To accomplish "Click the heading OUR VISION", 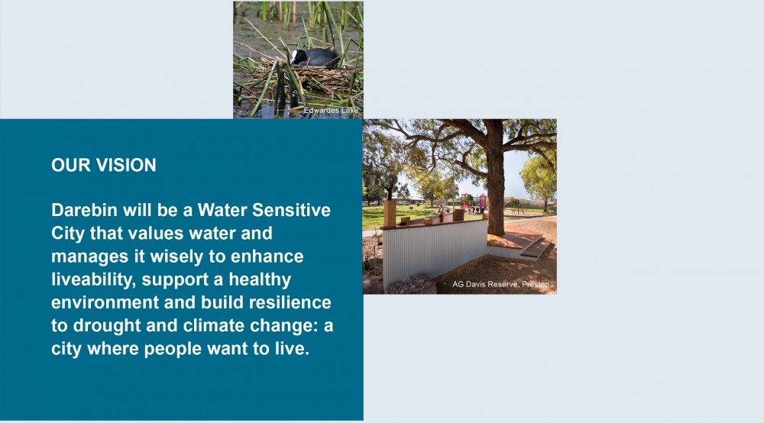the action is (x=104, y=165).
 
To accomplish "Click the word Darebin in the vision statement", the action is (x=84, y=210).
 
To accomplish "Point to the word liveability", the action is (x=93, y=280).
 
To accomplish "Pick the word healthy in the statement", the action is (x=260, y=280).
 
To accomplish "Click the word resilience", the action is (x=290, y=302).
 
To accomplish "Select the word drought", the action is (x=107, y=325).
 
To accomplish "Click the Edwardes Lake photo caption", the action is (x=331, y=111).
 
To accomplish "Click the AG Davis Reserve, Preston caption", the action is (x=500, y=284).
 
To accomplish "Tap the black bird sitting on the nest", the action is (x=314, y=57).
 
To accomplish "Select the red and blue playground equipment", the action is (x=474, y=202).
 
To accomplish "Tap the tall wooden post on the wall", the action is (x=390, y=213).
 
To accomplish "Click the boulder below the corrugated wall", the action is (x=411, y=284).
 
